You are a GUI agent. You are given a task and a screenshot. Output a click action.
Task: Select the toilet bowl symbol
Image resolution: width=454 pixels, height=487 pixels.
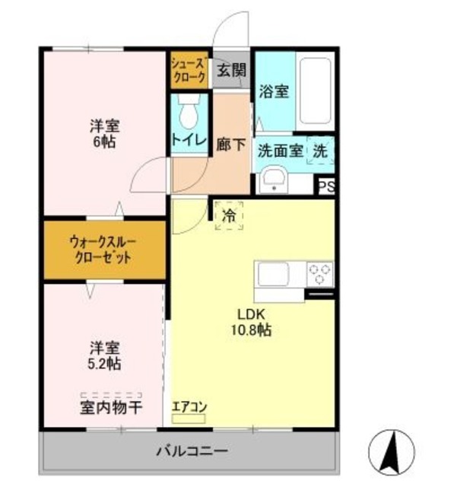(x=189, y=113)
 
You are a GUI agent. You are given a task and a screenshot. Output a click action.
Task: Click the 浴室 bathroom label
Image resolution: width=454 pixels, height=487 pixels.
(x=274, y=92)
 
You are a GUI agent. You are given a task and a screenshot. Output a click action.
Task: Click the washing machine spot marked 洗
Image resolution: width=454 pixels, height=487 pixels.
(x=320, y=151)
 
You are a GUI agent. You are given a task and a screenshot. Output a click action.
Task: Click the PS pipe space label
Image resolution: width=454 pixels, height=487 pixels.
(x=325, y=187)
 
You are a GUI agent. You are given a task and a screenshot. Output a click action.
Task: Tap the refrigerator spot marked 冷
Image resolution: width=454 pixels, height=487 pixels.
(x=229, y=215)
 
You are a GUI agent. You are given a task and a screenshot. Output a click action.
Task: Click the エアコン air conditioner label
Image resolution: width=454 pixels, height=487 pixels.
(x=189, y=406)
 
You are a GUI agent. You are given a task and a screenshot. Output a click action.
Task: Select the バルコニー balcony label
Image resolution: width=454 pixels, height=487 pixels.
(x=192, y=450)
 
